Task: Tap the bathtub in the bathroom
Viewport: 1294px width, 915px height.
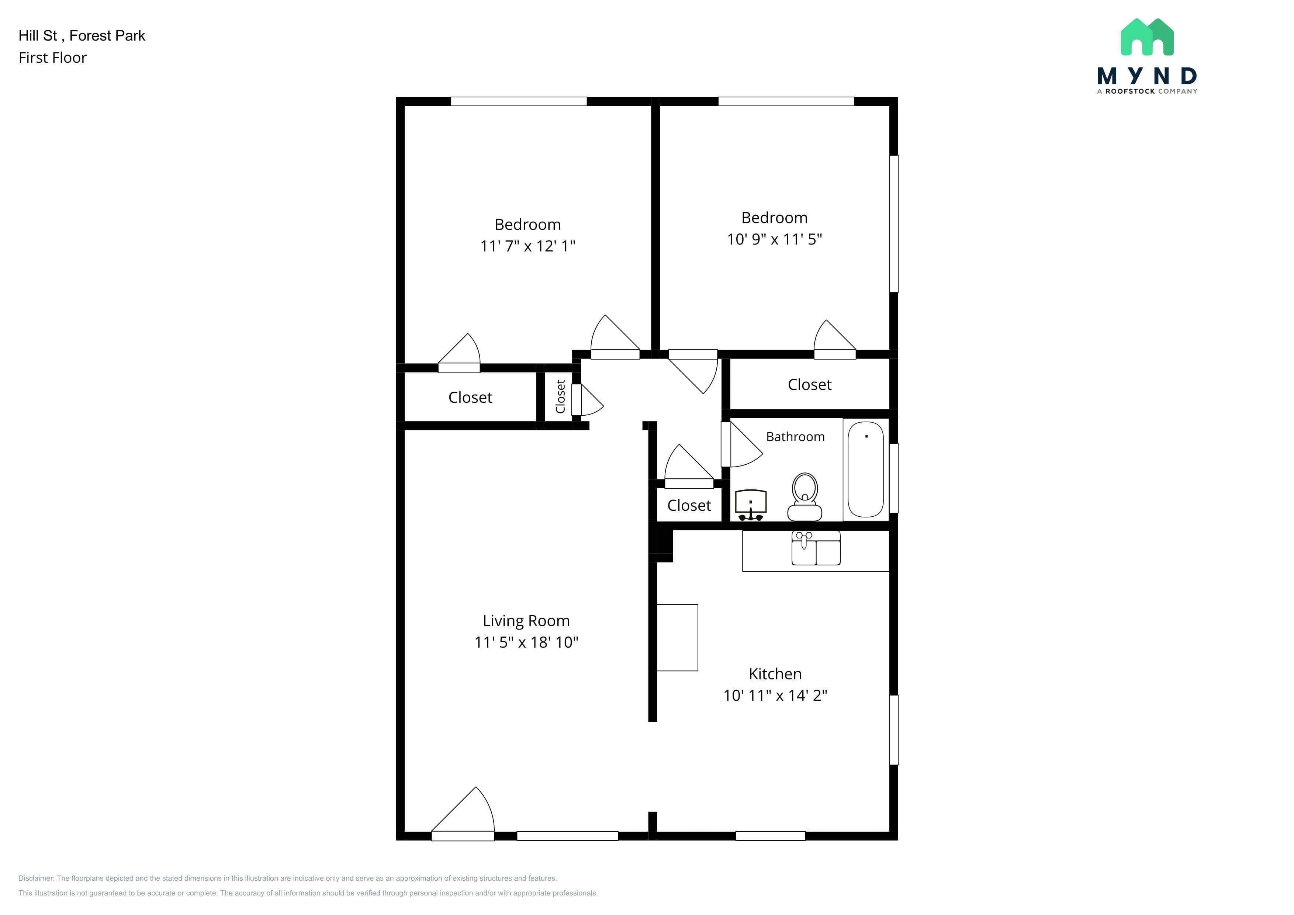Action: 866,469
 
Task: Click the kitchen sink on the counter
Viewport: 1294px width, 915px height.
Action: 816,548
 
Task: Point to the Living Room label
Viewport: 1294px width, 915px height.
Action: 526,621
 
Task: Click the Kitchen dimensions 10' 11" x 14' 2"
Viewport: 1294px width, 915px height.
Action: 775,695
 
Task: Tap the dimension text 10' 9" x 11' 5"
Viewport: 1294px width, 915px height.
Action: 774,239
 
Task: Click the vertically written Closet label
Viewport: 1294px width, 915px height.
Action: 560,396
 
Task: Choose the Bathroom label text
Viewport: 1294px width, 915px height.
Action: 795,437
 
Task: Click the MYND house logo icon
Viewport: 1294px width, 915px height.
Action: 1147,37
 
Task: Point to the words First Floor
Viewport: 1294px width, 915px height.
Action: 52,58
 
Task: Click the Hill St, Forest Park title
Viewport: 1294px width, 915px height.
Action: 82,35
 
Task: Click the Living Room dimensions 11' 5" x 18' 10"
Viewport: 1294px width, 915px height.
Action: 526,642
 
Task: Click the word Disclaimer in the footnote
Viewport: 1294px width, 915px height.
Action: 36,878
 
